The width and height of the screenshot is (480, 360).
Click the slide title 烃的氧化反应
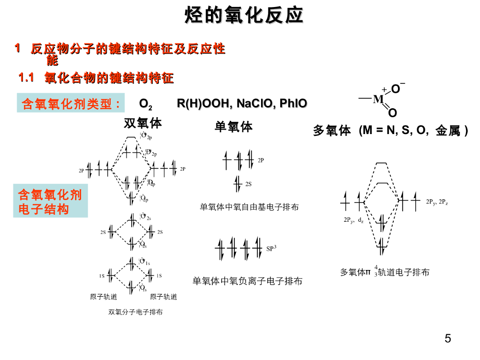pos(244,16)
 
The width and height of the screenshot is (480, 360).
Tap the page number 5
pos(448,338)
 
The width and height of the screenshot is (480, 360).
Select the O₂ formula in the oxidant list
pos(145,104)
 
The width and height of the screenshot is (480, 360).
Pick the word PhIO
pos(293,104)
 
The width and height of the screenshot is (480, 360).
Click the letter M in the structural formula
pos(378,99)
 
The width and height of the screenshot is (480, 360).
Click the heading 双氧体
pos(142,123)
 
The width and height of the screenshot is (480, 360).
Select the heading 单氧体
pos(233,127)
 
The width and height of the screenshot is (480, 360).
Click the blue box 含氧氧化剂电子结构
pos(50,202)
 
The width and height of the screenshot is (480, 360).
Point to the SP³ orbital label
pos(271,248)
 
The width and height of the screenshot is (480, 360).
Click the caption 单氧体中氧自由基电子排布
pos(249,207)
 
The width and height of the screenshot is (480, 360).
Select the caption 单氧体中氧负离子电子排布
pos(247,281)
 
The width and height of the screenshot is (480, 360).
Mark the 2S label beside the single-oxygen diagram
pos(248,184)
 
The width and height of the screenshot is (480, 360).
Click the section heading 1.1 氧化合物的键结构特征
pos(96,78)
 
